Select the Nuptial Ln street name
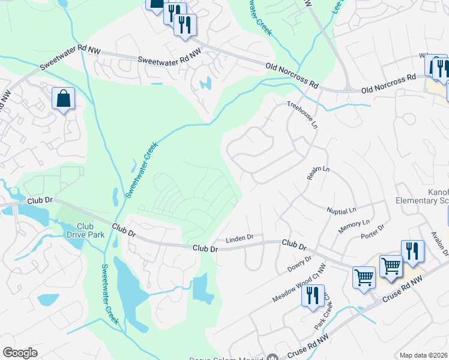tap(342, 210)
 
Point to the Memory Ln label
tap(354, 226)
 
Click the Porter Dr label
tap(372, 232)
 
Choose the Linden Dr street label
tap(240, 239)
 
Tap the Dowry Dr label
tap(300, 263)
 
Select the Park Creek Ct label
tap(323, 315)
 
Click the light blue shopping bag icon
tap(63, 98)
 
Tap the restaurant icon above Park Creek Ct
tap(312, 296)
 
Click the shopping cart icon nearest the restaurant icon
tap(391, 265)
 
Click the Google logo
tap(20, 353)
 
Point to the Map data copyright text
tap(424, 355)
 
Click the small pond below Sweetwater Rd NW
tap(207, 83)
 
